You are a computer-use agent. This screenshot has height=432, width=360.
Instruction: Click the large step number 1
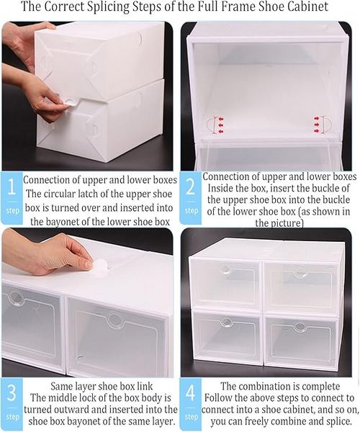click(x=12, y=187)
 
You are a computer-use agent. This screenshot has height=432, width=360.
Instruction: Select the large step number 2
click(x=191, y=187)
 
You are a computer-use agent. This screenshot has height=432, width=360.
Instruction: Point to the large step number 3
click(x=12, y=393)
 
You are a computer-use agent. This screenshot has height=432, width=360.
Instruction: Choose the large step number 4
click(x=191, y=393)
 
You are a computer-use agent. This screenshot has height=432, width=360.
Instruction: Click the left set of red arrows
click(x=220, y=125)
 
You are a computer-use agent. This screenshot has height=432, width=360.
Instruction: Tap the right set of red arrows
click(x=317, y=125)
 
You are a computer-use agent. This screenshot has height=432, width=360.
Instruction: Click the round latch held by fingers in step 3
click(x=99, y=267)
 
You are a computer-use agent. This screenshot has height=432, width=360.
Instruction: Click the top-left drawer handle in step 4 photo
click(x=225, y=270)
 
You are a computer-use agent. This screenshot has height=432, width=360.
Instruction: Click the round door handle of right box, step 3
click(x=114, y=319)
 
